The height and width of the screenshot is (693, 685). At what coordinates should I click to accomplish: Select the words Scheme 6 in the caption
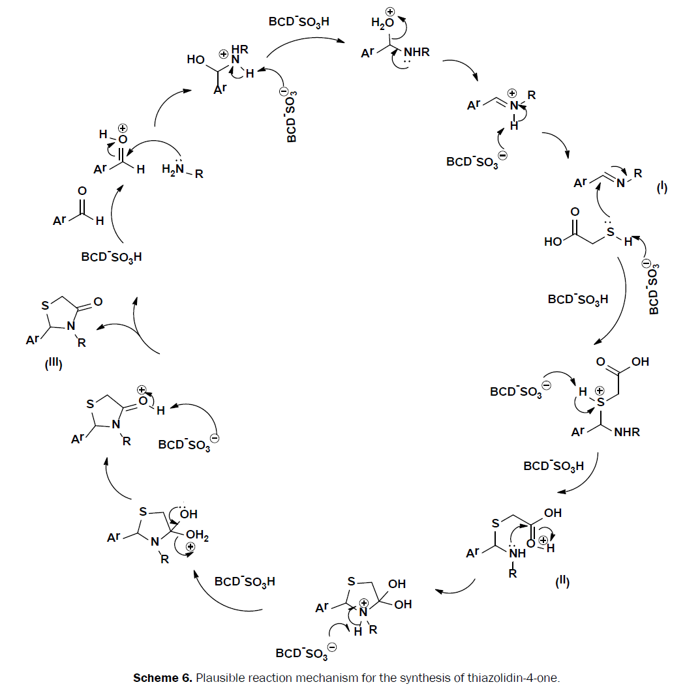[x=160, y=678]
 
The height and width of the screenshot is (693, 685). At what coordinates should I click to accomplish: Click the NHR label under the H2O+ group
[x=417, y=52]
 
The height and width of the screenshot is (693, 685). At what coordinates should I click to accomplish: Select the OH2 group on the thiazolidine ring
[x=198, y=537]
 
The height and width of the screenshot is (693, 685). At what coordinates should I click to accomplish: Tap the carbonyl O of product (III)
[x=98, y=302]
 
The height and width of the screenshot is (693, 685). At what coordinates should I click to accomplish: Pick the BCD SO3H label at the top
[x=299, y=21]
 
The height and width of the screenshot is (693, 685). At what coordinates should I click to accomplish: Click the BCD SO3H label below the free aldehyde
[x=112, y=257]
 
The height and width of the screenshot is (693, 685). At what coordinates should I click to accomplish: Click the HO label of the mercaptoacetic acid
[x=554, y=243]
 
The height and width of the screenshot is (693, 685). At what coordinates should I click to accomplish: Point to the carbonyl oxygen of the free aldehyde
[x=82, y=191]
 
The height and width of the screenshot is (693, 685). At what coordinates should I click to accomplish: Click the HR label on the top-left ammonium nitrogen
[x=239, y=48]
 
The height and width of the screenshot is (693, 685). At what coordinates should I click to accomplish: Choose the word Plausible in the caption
[x=219, y=678]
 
